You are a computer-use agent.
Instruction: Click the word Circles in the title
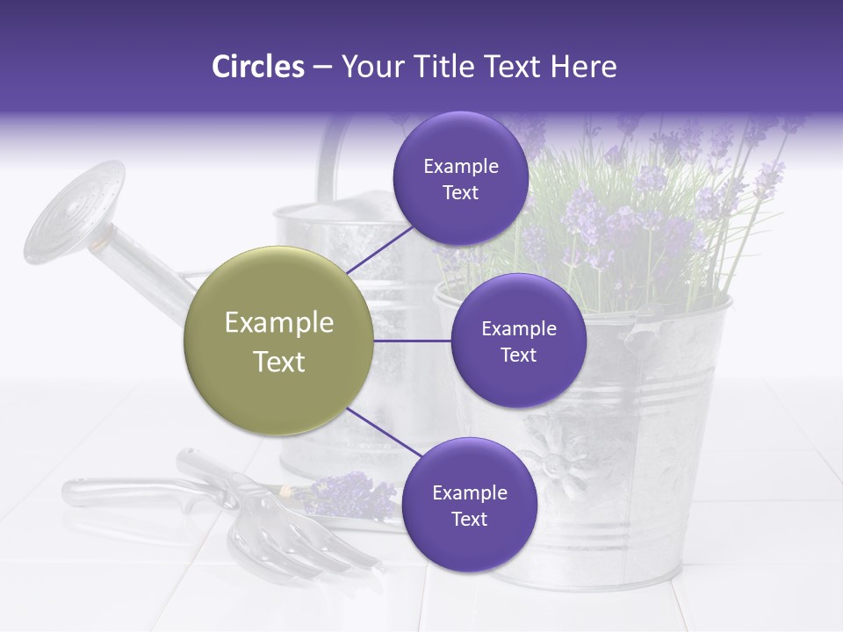257,67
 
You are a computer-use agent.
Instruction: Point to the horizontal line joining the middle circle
413,341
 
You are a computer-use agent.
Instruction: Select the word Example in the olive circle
279,323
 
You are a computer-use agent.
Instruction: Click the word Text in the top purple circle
461,193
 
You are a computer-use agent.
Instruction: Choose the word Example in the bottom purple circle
469,493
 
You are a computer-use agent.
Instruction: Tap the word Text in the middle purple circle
518,355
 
